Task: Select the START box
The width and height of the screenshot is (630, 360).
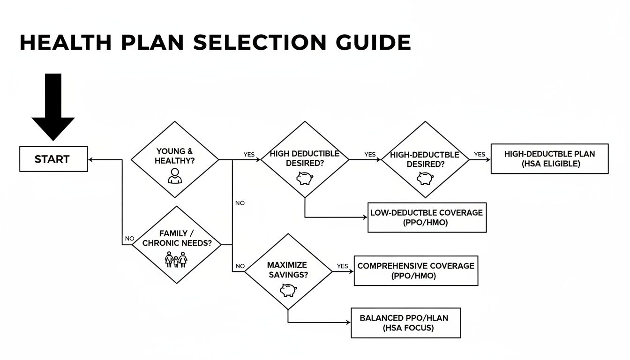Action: [x=53, y=159]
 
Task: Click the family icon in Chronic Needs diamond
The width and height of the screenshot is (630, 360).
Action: [x=176, y=259]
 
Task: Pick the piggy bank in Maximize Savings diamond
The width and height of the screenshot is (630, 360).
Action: [x=288, y=290]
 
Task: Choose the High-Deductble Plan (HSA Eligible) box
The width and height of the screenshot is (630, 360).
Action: [x=549, y=159]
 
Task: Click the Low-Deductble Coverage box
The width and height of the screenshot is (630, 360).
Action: [x=427, y=217]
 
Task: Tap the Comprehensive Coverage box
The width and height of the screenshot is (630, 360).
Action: [x=416, y=270]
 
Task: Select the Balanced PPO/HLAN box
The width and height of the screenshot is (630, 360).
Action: [x=405, y=322]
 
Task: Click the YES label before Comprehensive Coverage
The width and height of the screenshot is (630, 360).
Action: [x=343, y=266]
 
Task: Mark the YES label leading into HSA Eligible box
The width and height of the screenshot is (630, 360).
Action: [x=480, y=154]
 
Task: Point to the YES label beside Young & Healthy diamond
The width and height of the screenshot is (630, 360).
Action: [x=249, y=154]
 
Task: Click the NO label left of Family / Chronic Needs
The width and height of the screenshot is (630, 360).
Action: [x=129, y=239]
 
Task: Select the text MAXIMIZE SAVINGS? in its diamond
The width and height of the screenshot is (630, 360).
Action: [x=288, y=270]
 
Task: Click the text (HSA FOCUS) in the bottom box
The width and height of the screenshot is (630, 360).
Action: [x=405, y=328]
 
